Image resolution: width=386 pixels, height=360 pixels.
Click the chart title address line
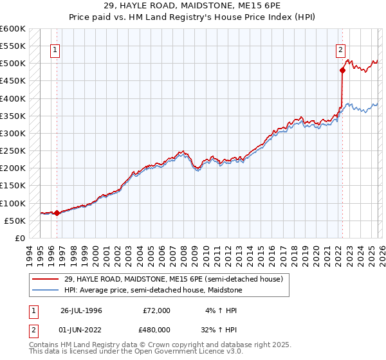pos(193,6)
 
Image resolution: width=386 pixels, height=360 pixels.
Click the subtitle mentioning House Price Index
pos(193,17)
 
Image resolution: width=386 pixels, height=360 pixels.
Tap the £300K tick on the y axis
pos(13,133)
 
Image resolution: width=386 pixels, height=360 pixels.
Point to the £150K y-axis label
pos(13,186)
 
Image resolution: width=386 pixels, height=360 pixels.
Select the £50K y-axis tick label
pos(15,221)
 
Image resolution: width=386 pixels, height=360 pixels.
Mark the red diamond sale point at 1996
pos(57,213)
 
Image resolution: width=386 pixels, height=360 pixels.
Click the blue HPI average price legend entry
pos(152,291)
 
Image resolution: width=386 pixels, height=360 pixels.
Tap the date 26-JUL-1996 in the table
pos(81,310)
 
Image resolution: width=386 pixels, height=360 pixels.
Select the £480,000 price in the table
pos(156,329)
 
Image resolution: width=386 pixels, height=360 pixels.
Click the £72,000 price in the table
pos(156,310)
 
